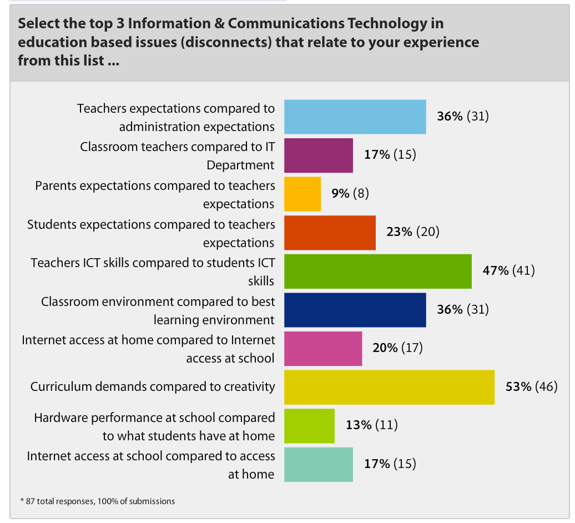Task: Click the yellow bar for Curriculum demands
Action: (x=389, y=387)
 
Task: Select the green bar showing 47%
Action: (x=377, y=271)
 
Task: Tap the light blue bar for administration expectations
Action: (x=355, y=117)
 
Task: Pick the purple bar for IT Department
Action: (x=319, y=155)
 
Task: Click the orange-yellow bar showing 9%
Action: (x=302, y=194)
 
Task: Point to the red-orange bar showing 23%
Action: (x=330, y=233)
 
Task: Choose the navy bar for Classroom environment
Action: (x=355, y=310)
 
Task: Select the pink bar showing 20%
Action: (x=323, y=349)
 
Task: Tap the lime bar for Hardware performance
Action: (x=309, y=426)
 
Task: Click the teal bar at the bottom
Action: (x=319, y=464)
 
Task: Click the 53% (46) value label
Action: (x=531, y=386)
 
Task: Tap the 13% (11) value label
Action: (x=372, y=425)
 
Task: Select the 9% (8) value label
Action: (x=350, y=193)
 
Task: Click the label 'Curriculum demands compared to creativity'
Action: (x=153, y=386)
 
